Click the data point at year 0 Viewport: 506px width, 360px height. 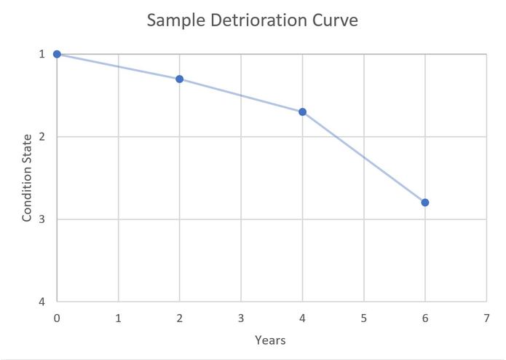[x=57, y=54]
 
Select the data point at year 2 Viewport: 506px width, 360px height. [x=179, y=79]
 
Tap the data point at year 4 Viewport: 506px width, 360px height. [x=302, y=111]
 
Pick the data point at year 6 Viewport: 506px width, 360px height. [x=425, y=202]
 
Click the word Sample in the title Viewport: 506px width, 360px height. [x=174, y=20]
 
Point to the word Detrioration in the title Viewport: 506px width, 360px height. [x=260, y=20]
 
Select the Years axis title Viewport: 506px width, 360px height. [x=271, y=340]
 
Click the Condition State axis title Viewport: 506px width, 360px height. [x=27, y=178]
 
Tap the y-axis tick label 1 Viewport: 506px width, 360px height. [x=41, y=54]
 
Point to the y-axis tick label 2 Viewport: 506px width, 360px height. [x=41, y=136]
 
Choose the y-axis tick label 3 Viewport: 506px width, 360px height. [x=41, y=219]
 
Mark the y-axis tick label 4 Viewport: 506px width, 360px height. [x=41, y=302]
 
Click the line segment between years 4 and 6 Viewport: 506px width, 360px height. [x=364, y=157]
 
